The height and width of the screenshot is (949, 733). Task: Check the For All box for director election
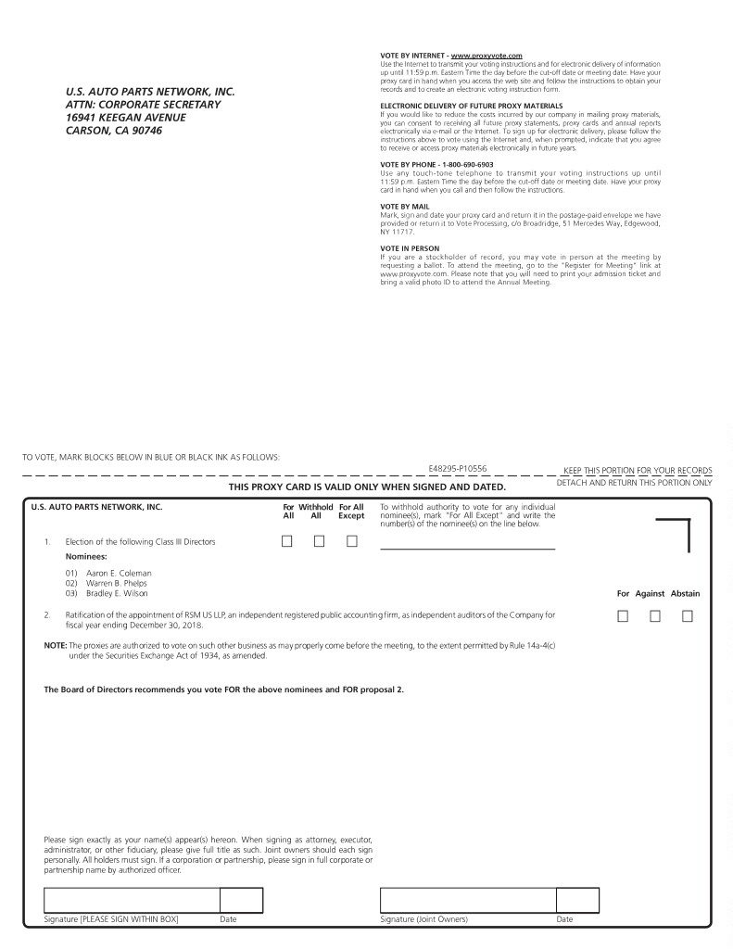(x=287, y=541)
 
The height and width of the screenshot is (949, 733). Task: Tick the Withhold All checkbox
(x=319, y=541)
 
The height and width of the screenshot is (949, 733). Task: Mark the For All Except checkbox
(x=351, y=541)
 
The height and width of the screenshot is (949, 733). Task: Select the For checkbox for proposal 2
(x=623, y=615)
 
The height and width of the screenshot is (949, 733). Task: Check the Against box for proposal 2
(x=654, y=615)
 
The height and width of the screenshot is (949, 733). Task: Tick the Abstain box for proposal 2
(x=687, y=615)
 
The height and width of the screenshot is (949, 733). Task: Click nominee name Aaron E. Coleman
(x=119, y=573)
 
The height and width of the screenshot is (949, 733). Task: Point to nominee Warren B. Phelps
(x=117, y=583)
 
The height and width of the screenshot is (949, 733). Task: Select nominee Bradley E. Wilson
(x=117, y=593)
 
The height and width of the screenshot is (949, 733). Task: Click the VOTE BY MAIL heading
(x=405, y=206)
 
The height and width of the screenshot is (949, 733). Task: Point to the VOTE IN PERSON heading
(x=410, y=248)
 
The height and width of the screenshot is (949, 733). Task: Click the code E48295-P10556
(x=458, y=470)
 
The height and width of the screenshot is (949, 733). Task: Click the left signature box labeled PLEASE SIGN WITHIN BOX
(x=132, y=900)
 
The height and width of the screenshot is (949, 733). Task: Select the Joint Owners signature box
(x=467, y=900)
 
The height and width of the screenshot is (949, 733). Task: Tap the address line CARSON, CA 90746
(x=114, y=131)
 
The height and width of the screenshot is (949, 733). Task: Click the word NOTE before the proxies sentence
(x=56, y=645)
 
